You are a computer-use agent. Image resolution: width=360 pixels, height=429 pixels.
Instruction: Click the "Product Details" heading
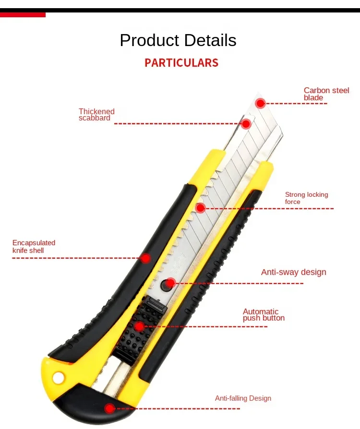[178, 40]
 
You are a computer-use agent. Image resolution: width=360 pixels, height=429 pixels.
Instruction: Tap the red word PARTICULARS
[181, 63]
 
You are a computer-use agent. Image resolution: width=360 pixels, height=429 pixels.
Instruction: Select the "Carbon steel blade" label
[326, 94]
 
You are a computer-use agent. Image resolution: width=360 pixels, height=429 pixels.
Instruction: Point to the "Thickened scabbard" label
[96, 115]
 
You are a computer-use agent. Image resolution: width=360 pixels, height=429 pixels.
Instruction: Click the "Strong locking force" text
[306, 198]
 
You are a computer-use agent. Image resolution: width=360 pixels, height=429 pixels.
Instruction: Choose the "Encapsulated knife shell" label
[34, 247]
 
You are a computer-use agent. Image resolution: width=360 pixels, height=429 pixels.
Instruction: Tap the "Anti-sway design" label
[293, 272]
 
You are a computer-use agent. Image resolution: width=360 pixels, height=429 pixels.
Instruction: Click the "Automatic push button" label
[264, 315]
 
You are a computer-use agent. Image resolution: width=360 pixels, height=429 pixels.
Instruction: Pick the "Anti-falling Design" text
[243, 398]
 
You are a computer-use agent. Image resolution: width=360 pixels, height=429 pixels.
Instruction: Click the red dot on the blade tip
[260, 103]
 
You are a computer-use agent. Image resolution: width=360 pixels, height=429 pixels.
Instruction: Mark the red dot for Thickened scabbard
[246, 124]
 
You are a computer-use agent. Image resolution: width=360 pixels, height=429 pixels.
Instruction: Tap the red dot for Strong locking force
[201, 208]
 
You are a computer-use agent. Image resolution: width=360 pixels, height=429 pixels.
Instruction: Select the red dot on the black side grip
[145, 258]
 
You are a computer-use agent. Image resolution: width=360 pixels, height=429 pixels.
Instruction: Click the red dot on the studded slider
[139, 326]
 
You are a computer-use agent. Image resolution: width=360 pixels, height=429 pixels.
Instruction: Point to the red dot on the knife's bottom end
[110, 408]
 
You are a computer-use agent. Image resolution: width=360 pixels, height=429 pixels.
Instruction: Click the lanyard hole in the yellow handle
[58, 379]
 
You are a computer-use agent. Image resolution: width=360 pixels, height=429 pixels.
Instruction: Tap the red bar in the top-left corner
[23, 14]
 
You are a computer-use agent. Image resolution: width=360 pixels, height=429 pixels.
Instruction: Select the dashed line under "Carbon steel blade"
[298, 104]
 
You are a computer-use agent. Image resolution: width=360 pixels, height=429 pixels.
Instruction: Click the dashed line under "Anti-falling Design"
[178, 408]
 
